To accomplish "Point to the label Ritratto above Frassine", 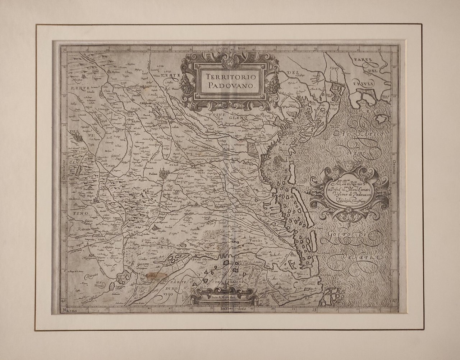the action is click(84, 228).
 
